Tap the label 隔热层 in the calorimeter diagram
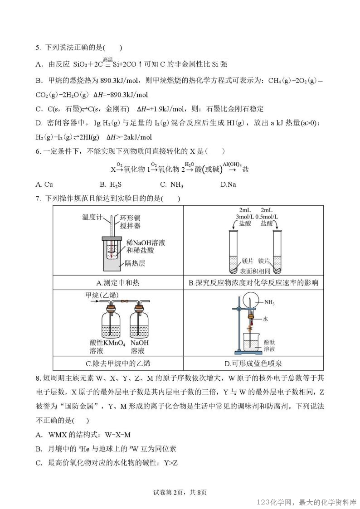tap(135, 263)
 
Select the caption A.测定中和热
tap(118, 283)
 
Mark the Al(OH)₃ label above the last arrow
tap(232, 164)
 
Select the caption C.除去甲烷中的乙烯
tap(118, 363)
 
